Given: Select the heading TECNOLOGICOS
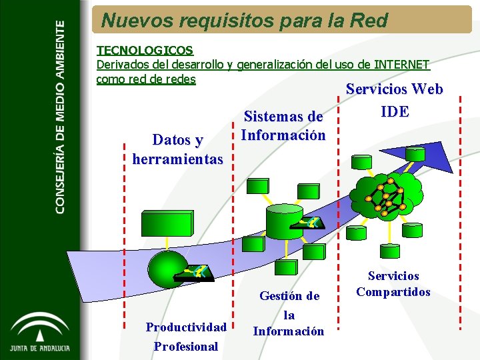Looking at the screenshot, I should pyautogui.click(x=145, y=50).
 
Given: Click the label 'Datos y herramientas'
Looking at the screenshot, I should pyautogui.click(x=177, y=149).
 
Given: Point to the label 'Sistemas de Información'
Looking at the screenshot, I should pyautogui.click(x=283, y=126).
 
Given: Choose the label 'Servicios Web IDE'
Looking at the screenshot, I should pyautogui.click(x=394, y=100).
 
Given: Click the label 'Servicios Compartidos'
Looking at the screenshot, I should pyautogui.click(x=393, y=284).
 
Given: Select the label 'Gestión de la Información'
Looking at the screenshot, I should pyautogui.click(x=289, y=313).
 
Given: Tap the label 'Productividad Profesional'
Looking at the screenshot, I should pyautogui.click(x=186, y=336).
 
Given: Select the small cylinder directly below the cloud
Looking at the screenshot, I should pyautogui.click(x=389, y=253).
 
